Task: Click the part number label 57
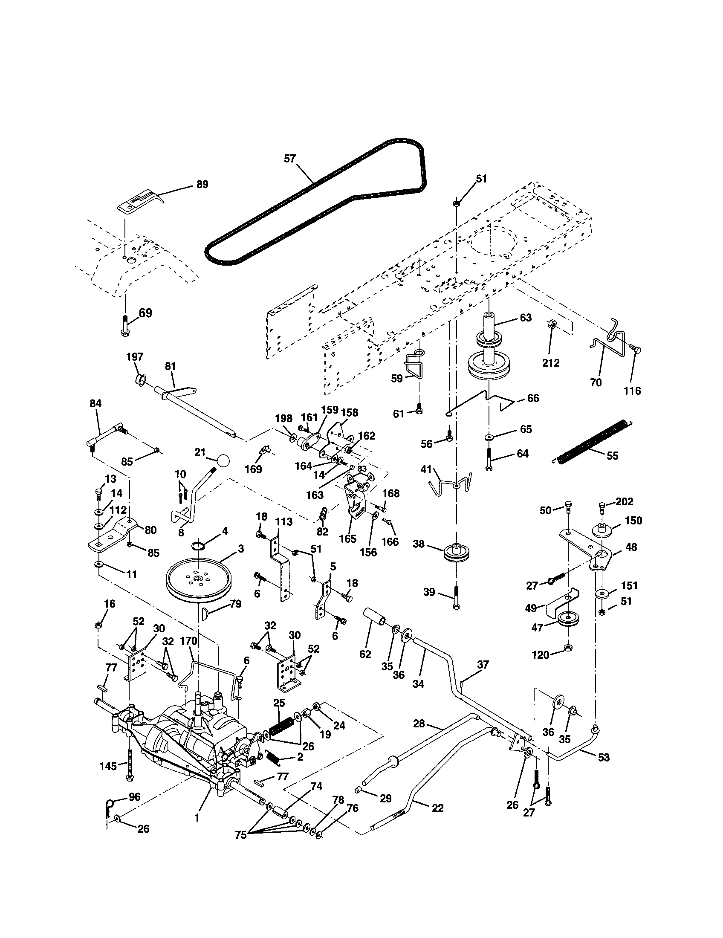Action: click(290, 159)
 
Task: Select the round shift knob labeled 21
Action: click(223, 461)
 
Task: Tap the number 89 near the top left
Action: click(202, 184)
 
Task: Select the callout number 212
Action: click(551, 363)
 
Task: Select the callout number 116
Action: click(632, 391)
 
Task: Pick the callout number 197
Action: click(135, 357)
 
